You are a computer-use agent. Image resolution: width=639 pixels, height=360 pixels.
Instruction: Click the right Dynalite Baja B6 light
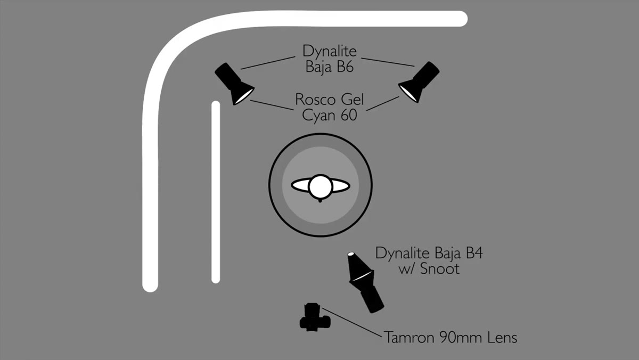click(419, 82)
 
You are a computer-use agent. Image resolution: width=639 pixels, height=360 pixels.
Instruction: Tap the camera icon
click(315, 317)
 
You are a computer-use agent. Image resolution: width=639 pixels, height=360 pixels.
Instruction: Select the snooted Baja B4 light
click(365, 282)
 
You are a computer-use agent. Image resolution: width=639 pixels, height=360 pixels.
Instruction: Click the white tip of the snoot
click(351, 254)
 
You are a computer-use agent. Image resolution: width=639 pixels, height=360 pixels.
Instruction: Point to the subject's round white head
click(321, 186)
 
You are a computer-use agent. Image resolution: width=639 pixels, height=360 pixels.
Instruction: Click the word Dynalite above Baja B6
click(330, 51)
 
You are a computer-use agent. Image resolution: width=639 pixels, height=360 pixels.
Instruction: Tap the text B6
click(345, 67)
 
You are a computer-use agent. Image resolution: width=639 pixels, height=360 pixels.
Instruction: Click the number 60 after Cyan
click(349, 115)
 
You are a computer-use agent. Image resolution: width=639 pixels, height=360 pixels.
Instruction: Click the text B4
click(474, 253)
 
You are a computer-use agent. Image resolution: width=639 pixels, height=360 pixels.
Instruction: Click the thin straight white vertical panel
click(216, 192)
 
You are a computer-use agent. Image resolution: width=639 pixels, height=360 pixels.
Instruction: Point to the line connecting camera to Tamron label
click(352, 322)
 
